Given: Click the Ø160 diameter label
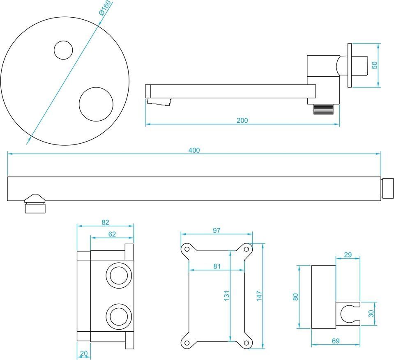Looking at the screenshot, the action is pyautogui.click(x=105, y=8).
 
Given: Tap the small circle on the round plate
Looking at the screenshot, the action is pyautogui.click(x=63, y=50).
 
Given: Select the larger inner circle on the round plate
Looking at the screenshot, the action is pyautogui.click(x=96, y=104).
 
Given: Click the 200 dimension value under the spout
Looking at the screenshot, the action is pyautogui.click(x=242, y=121).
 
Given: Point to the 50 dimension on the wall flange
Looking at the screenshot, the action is pyautogui.click(x=374, y=65).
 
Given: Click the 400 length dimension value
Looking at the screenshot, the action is pyautogui.click(x=194, y=150).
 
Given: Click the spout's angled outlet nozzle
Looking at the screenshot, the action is pyautogui.click(x=159, y=102).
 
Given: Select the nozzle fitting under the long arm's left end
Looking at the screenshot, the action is pyautogui.click(x=35, y=204).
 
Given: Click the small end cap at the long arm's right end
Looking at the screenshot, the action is pyautogui.click(x=387, y=188).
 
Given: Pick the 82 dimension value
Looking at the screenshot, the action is pyautogui.click(x=106, y=222).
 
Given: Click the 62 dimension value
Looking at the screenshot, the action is pyautogui.click(x=112, y=234).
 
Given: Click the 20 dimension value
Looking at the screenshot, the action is pyautogui.click(x=84, y=353).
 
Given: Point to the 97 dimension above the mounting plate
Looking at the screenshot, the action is pyautogui.click(x=217, y=230).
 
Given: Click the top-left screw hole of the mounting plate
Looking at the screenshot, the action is pyautogui.click(x=187, y=249).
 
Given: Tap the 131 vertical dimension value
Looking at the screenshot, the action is pyautogui.click(x=227, y=296).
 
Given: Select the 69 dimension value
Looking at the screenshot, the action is pyautogui.click(x=336, y=341).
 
